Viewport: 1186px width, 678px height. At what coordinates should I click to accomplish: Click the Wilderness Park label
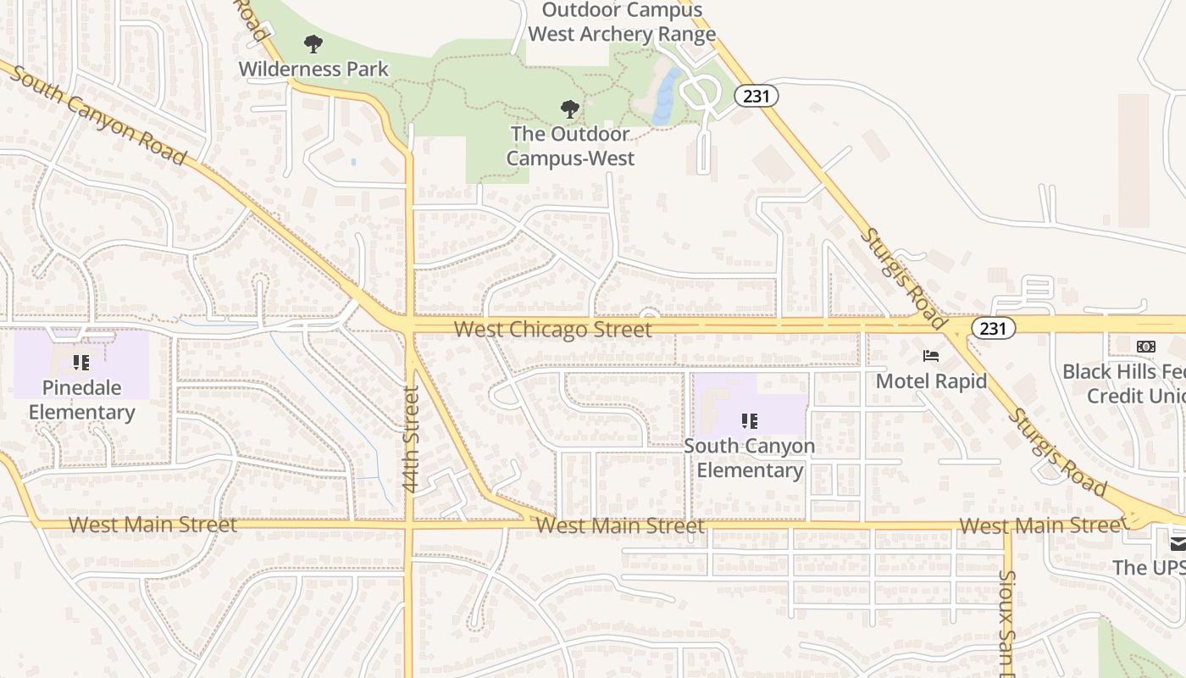pyautogui.click(x=313, y=69)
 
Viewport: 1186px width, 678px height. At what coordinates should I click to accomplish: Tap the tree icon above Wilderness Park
pyautogui.click(x=313, y=44)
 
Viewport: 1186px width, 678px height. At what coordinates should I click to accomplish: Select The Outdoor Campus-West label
pyautogui.click(x=570, y=146)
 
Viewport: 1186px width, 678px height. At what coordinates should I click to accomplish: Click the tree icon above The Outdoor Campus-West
pyautogui.click(x=570, y=108)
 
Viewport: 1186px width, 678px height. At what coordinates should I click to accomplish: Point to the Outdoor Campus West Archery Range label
pyautogui.click(x=622, y=22)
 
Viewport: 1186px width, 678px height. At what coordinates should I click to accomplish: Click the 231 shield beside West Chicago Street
pyautogui.click(x=993, y=328)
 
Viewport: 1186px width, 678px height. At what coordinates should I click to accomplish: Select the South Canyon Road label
pyautogui.click(x=98, y=118)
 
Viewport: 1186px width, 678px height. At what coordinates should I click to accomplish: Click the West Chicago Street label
pyautogui.click(x=553, y=330)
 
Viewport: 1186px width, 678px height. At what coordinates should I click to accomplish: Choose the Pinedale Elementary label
pyautogui.click(x=81, y=400)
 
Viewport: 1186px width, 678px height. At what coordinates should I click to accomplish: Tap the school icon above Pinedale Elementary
pyautogui.click(x=81, y=364)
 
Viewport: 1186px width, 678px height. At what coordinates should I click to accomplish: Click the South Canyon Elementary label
pyautogui.click(x=750, y=458)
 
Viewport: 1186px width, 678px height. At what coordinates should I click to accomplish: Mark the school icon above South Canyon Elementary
pyautogui.click(x=750, y=420)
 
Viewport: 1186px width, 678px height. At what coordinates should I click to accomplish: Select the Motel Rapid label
pyautogui.click(x=931, y=381)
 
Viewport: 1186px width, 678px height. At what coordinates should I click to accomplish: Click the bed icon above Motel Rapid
pyautogui.click(x=931, y=356)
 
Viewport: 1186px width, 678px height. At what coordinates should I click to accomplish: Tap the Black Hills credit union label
pyautogui.click(x=1124, y=384)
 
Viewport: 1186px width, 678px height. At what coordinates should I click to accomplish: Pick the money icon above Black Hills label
pyautogui.click(x=1145, y=347)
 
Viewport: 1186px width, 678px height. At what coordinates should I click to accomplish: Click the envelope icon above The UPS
pyautogui.click(x=1178, y=543)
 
